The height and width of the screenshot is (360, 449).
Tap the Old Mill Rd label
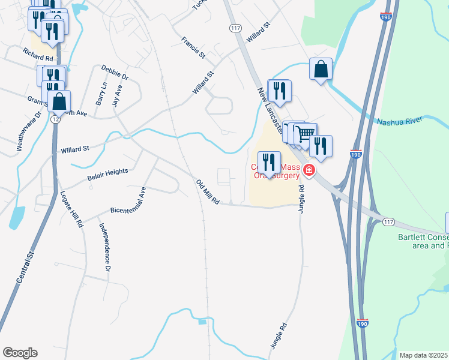click(208, 191)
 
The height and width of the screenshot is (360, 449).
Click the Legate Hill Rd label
click(71, 209)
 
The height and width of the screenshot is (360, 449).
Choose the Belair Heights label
click(108, 172)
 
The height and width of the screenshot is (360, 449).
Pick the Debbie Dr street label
click(115, 73)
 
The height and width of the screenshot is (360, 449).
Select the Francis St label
click(193, 47)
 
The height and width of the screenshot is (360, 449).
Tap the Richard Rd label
click(38, 52)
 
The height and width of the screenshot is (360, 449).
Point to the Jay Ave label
click(118, 95)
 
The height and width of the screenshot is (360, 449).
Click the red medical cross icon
click(309, 171)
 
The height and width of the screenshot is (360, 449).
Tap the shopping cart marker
click(306, 133)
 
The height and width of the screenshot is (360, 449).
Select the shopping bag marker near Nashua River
click(321, 69)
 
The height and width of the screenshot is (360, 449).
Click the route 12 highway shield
click(55, 120)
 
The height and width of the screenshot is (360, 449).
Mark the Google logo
click(20, 353)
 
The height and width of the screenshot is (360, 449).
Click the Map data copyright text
click(423, 355)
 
